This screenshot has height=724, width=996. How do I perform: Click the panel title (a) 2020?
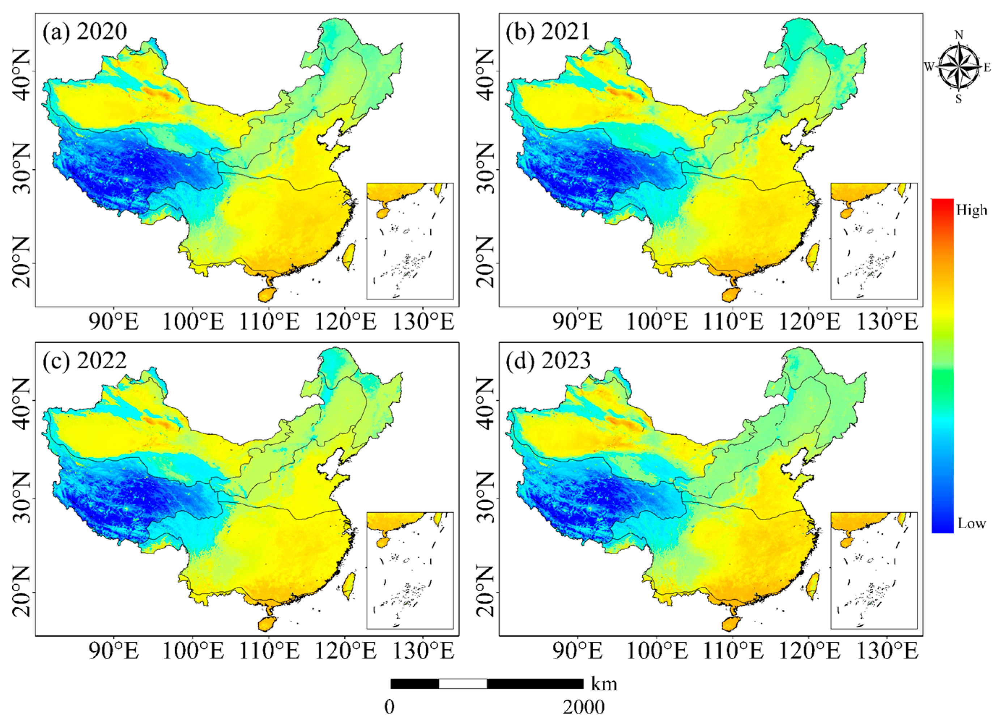85,31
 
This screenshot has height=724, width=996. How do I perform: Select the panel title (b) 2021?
548,31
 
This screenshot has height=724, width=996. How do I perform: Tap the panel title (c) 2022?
85,361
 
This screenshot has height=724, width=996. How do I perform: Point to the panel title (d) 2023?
548,361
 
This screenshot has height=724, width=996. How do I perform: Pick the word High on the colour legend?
971,211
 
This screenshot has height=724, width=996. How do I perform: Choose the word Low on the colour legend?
971,523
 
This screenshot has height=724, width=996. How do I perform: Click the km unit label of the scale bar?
604,685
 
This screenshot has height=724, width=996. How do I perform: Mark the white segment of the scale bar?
463,683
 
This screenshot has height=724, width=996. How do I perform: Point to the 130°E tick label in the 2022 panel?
423,651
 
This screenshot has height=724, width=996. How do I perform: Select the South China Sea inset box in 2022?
410,570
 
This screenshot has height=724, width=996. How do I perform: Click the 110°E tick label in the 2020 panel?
269,322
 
